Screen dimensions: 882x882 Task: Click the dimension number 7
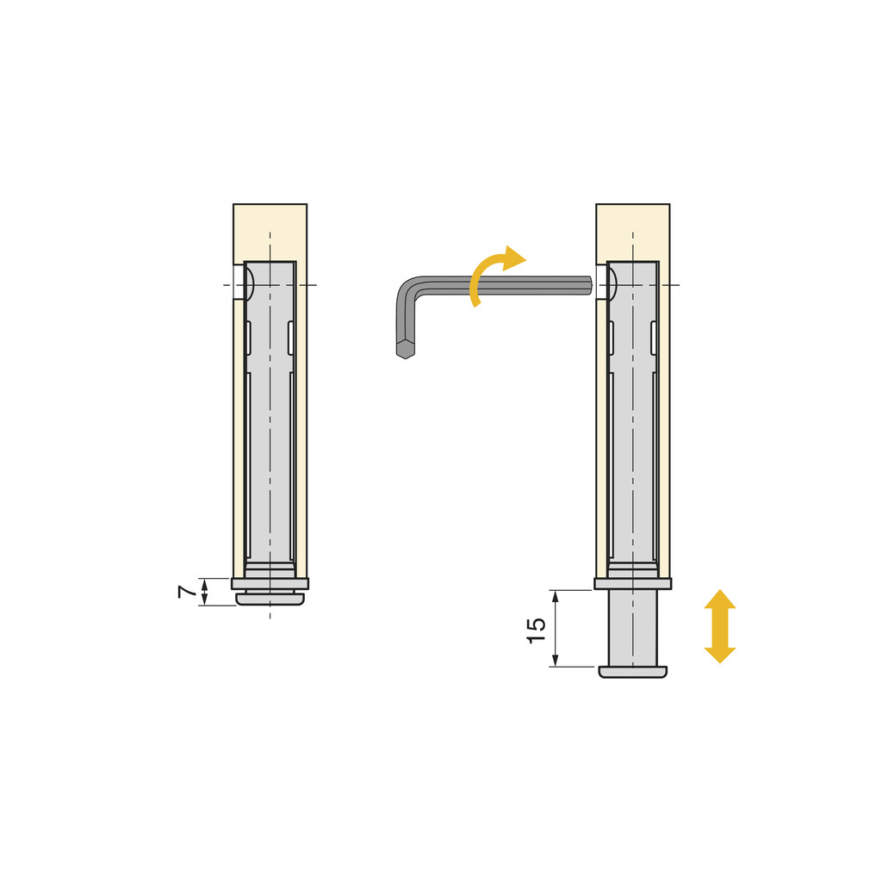tap(185, 592)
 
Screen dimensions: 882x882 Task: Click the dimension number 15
tap(536, 630)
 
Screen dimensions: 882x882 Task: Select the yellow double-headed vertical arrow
tap(720, 626)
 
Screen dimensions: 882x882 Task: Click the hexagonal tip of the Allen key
tap(405, 350)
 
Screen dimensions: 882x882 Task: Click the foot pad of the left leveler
tap(270, 599)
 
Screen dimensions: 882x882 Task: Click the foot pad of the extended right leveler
tap(632, 672)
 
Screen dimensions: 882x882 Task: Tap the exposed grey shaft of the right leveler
tap(632, 627)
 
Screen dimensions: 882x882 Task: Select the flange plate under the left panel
tap(270, 583)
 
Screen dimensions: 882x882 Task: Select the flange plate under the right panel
tap(632, 583)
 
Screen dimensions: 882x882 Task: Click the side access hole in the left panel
tap(239, 283)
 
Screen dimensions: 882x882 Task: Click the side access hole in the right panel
tap(601, 283)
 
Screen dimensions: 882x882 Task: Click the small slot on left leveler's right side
tap(290, 338)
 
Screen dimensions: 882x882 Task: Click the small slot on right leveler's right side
tap(653, 338)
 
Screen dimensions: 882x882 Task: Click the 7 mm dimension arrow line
tap(204, 592)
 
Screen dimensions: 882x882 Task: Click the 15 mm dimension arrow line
tap(555, 628)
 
